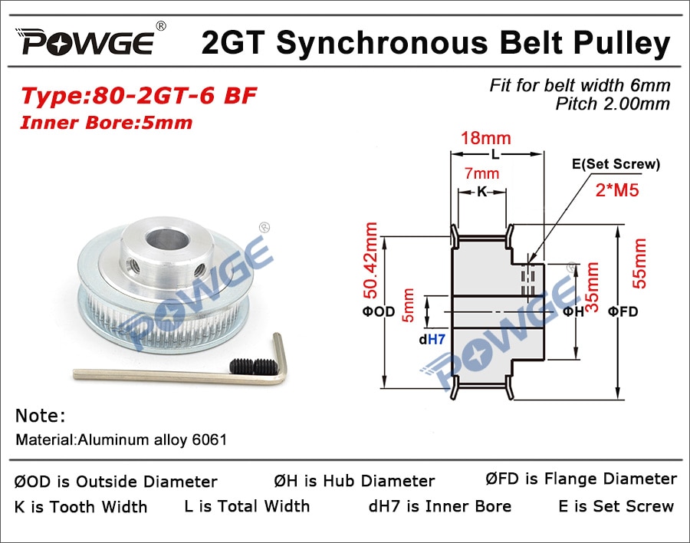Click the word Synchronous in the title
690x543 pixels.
(x=382, y=43)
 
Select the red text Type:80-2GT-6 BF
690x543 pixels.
(x=139, y=96)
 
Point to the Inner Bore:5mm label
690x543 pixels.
(x=107, y=123)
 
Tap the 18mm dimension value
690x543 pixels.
(x=486, y=138)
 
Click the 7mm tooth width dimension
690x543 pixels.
(x=482, y=173)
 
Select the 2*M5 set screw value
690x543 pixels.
(x=617, y=189)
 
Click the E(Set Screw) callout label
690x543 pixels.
(x=616, y=164)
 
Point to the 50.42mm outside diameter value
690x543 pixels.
(x=370, y=261)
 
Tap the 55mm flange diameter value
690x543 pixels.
(x=639, y=263)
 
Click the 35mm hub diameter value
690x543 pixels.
(x=593, y=287)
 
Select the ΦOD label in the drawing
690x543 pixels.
(x=379, y=311)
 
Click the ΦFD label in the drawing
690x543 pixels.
(x=623, y=311)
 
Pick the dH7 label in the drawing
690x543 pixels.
(x=432, y=339)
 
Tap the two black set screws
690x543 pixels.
(x=251, y=366)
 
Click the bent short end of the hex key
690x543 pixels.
(x=280, y=357)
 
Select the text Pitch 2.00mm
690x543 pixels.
(x=613, y=104)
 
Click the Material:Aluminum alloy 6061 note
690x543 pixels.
(x=121, y=439)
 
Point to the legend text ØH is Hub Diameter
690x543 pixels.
(x=354, y=481)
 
